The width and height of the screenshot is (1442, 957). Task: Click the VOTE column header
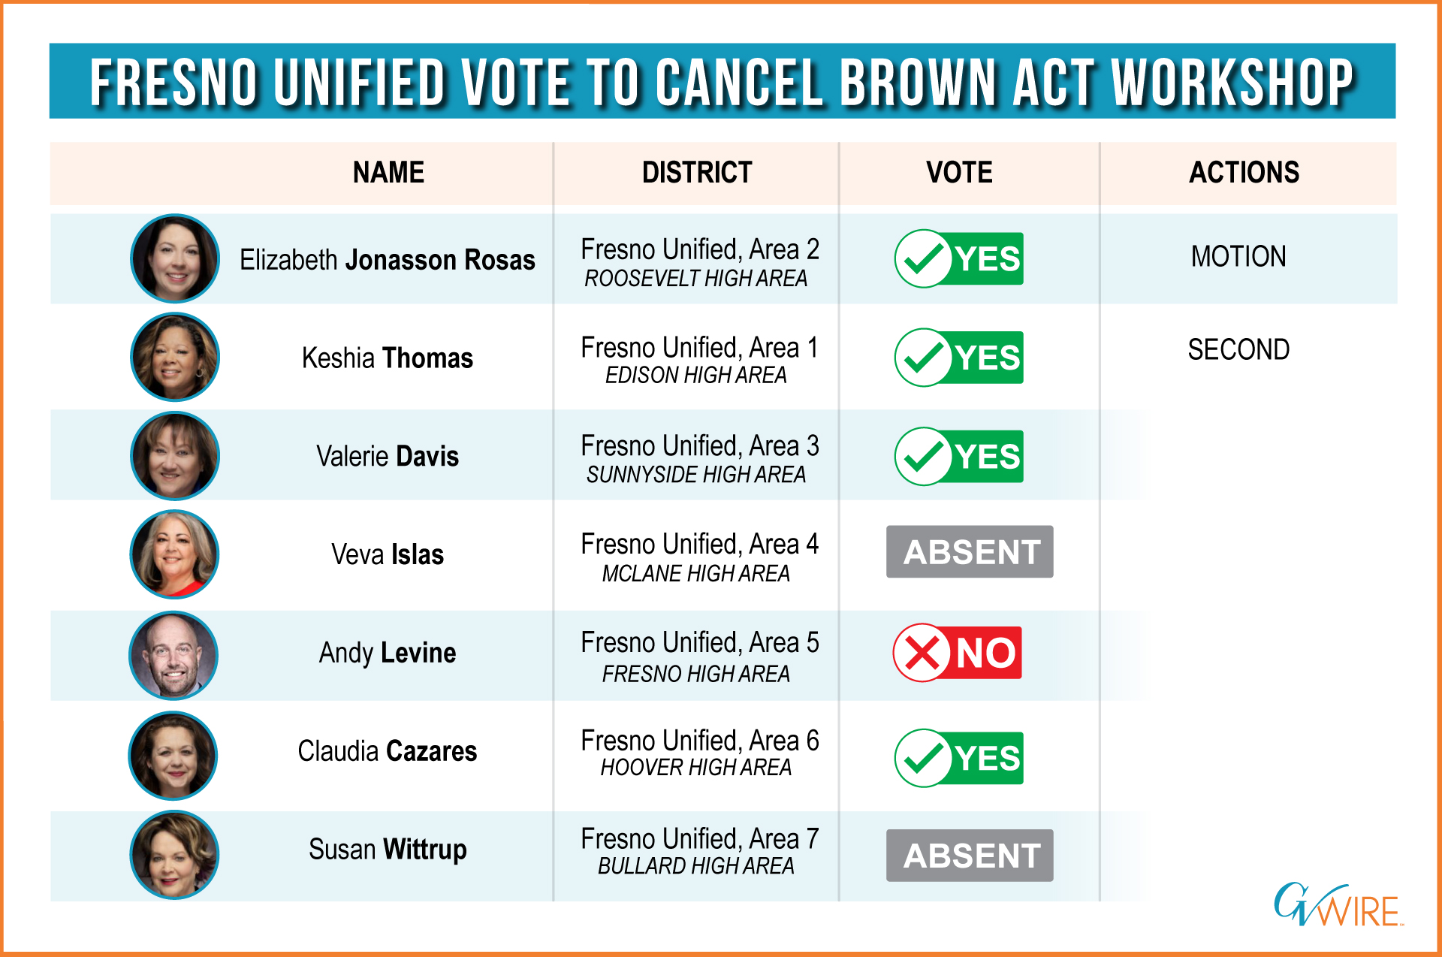pos(959,173)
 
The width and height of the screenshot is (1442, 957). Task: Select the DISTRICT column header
pos(697,173)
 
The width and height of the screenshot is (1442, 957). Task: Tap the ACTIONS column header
pos(1244,173)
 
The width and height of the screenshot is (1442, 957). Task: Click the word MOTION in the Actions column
pos(1238,257)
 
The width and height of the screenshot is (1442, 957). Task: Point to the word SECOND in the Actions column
pos(1238,350)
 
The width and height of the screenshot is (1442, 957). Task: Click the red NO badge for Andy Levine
pos(957,652)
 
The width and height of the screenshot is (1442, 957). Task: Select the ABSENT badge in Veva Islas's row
pos(970,551)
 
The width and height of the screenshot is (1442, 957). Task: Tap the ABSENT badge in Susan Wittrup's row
pos(970,855)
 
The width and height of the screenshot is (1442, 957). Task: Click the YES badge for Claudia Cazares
pos(958,758)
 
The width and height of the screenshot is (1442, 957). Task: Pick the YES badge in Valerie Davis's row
pos(958,456)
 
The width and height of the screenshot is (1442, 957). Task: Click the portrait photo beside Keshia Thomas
pos(175,357)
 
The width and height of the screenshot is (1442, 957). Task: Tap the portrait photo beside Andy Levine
pos(173,656)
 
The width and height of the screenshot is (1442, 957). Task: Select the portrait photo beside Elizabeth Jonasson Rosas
pos(175,258)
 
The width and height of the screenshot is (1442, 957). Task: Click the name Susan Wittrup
pos(388,850)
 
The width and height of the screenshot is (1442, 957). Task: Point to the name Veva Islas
pos(388,554)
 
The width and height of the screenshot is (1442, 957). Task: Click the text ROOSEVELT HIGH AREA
pos(696,279)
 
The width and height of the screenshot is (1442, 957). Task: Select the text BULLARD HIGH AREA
pos(696,866)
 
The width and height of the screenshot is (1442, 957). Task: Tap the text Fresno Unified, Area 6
pos(700,741)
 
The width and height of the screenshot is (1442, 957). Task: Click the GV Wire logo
pos(1338,904)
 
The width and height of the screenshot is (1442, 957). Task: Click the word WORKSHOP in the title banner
pos(1232,82)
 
